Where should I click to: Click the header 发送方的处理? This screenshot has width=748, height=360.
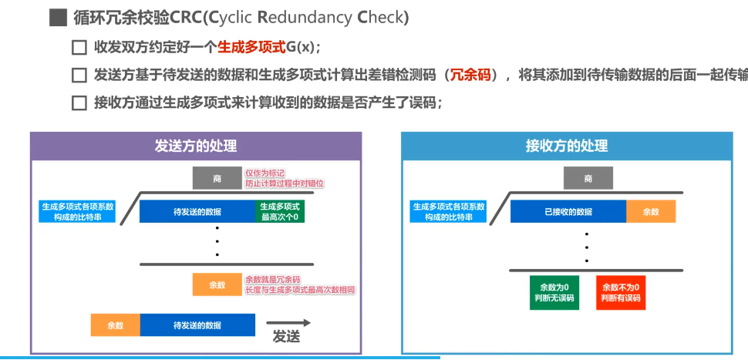(195, 146)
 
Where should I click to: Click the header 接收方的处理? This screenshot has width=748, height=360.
(567, 146)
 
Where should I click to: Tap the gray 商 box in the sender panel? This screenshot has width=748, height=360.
(217, 179)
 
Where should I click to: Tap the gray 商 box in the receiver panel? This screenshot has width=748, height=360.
(588, 179)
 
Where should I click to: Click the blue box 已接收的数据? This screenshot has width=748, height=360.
(568, 212)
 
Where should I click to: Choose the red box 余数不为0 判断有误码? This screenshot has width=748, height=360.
(621, 292)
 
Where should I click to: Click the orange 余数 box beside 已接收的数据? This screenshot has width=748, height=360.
(651, 212)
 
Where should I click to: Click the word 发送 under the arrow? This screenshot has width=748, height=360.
(285, 338)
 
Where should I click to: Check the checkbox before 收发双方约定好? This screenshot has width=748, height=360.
(78, 48)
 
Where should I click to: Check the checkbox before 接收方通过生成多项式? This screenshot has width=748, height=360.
(78, 103)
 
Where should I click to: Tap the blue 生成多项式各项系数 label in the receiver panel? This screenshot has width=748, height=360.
(449, 212)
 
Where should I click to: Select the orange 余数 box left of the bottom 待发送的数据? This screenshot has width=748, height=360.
(115, 325)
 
